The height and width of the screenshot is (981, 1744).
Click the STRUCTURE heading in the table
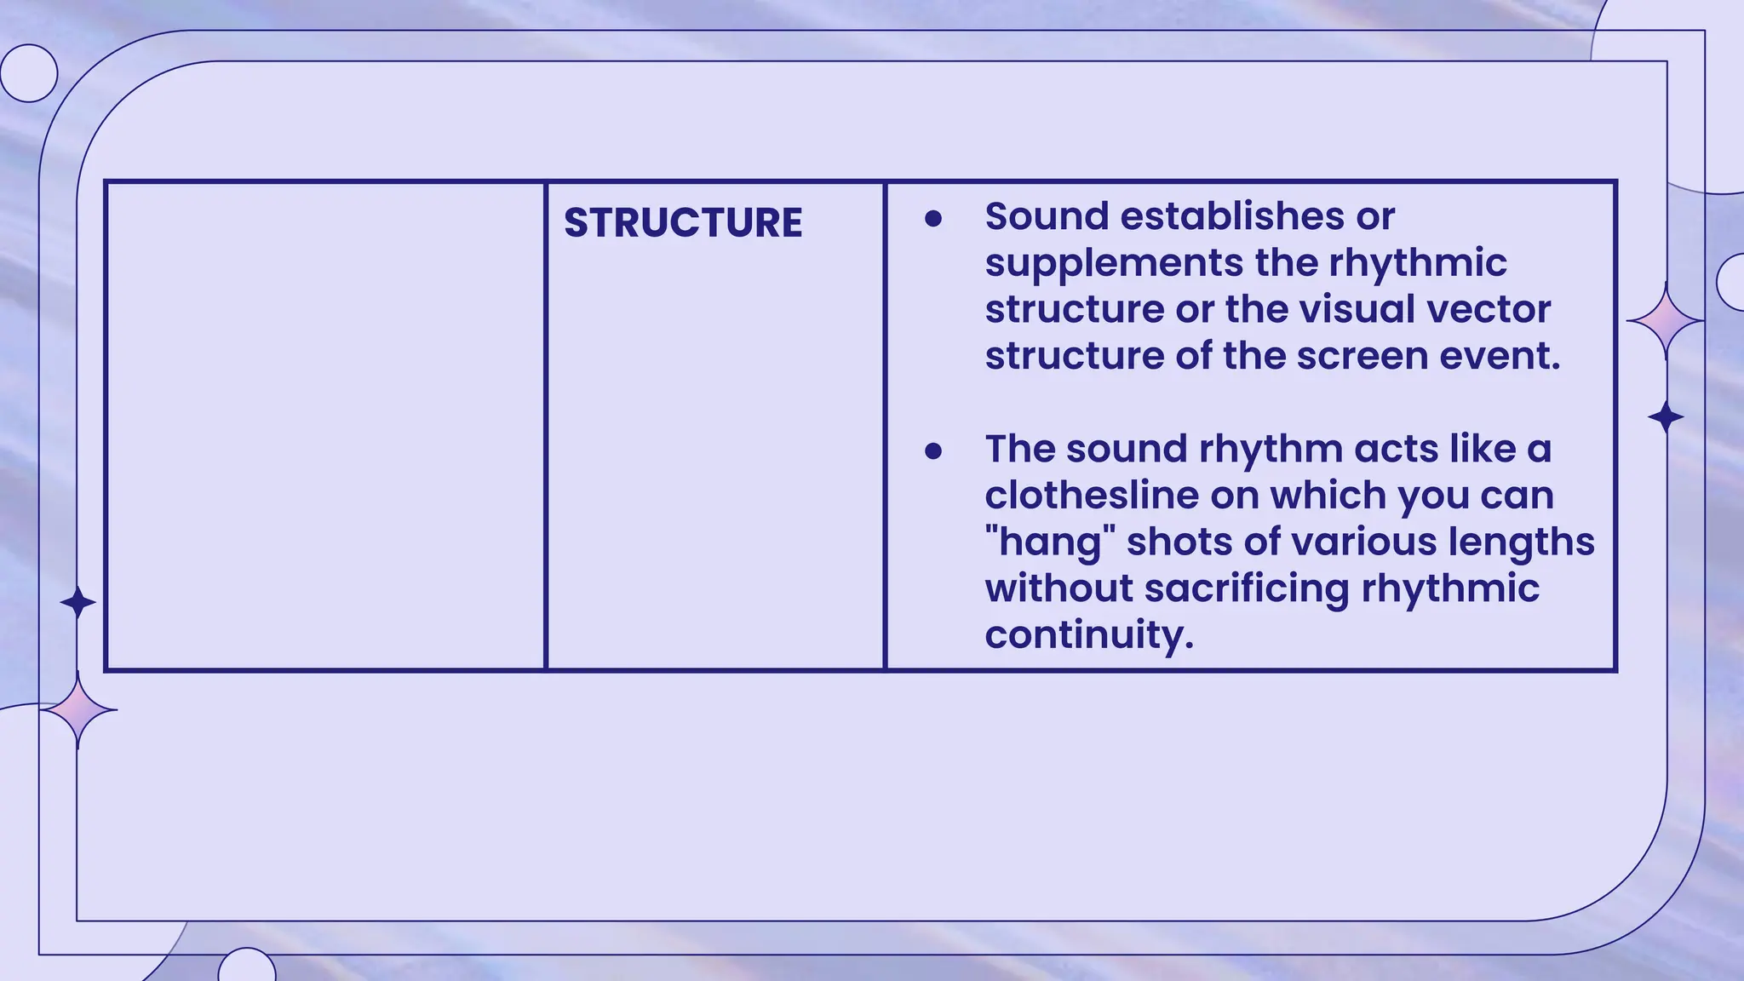(683, 223)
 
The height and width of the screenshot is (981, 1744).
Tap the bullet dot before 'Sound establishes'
(933, 219)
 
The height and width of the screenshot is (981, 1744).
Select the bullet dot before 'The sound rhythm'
(933, 451)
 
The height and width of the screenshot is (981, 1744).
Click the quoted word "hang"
(1050, 542)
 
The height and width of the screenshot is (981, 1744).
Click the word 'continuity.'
(1089, 634)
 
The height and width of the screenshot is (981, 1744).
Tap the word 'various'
(1385, 542)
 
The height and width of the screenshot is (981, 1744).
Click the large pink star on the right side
(1665, 321)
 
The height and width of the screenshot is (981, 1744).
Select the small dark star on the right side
(1666, 417)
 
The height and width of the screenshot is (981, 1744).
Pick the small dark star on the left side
(78, 603)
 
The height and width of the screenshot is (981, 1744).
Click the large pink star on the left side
(78, 709)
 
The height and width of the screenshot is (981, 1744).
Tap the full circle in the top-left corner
(29, 73)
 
